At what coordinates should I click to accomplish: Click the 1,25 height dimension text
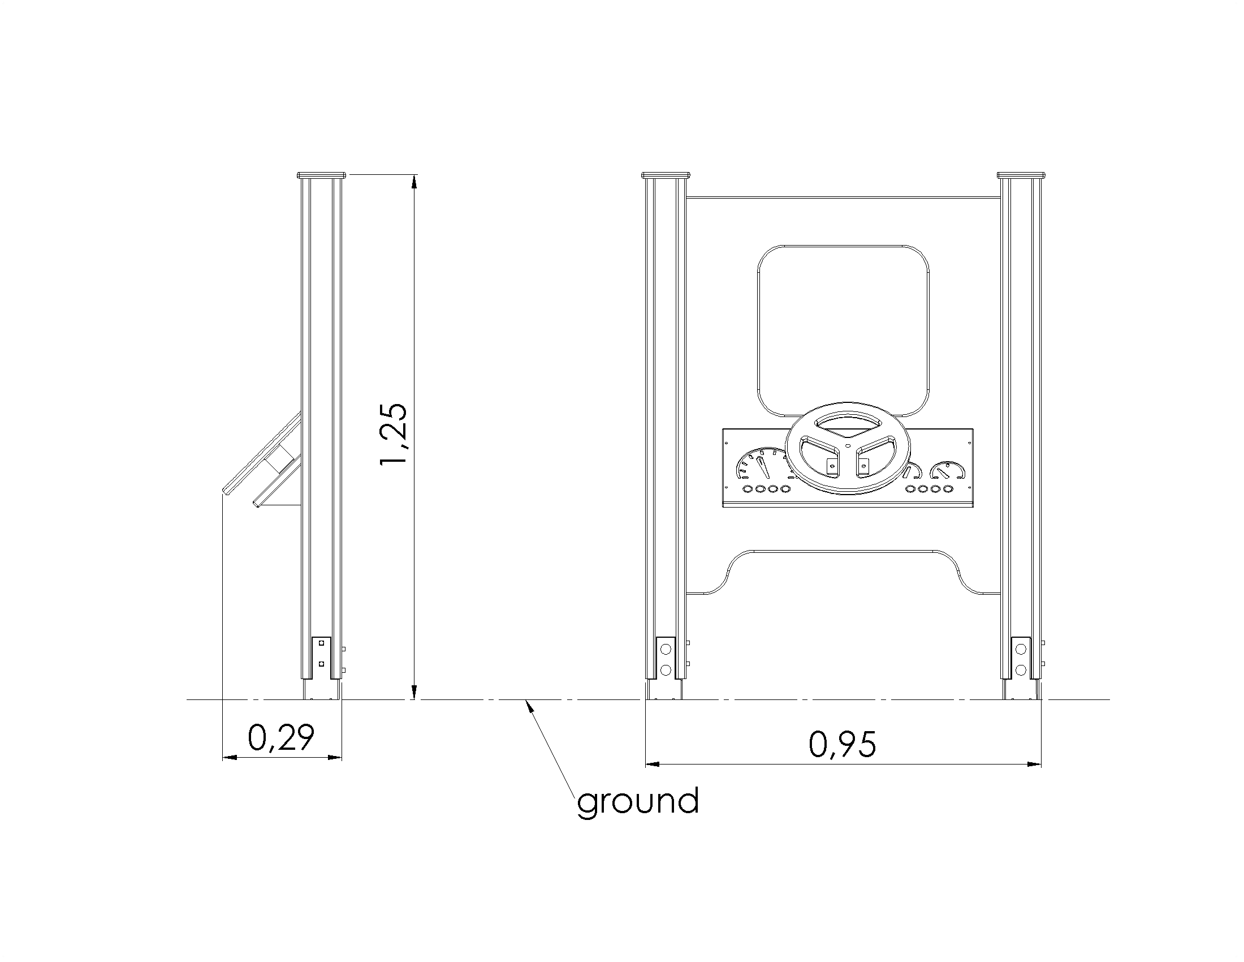point(394,434)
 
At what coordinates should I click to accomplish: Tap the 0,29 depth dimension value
point(281,737)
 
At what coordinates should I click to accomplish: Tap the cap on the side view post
point(322,174)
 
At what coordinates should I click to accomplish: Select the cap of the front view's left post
point(666,174)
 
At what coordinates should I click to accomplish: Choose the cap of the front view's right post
point(1022,174)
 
